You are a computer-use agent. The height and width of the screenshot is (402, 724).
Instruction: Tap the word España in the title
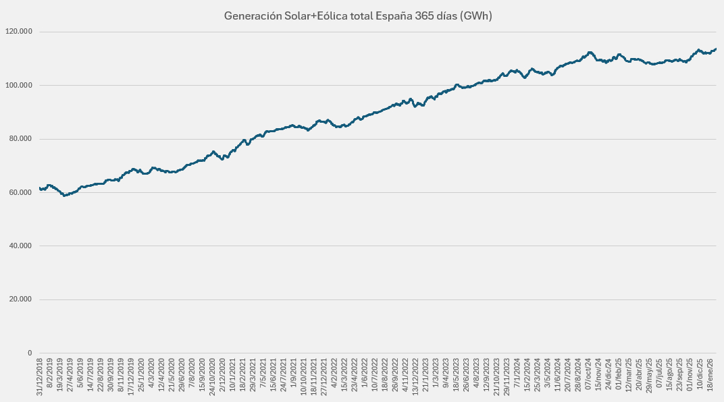tap(392, 16)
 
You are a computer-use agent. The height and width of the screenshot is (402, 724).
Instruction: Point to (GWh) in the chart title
tap(475, 16)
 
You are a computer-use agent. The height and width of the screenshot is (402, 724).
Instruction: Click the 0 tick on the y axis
tap(30, 353)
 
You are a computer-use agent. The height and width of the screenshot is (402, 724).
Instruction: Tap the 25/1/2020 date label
tap(141, 376)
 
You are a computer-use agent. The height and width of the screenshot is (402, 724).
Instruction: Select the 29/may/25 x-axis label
tap(649, 375)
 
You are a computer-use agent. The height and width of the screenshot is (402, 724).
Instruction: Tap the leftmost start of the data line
tap(40, 188)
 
